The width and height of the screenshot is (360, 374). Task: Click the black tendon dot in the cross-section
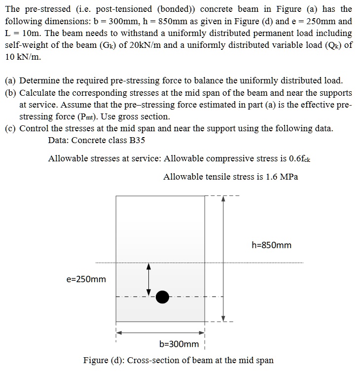(x=162, y=297)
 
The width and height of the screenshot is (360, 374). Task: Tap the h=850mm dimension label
(x=271, y=245)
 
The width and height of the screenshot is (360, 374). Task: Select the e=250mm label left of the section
(x=86, y=279)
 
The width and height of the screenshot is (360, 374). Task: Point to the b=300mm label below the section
(x=179, y=343)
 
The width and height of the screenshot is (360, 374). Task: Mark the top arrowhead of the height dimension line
(x=223, y=199)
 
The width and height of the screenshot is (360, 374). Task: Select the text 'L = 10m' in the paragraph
(x=21, y=34)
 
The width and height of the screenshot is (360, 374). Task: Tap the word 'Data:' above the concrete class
(x=59, y=140)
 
